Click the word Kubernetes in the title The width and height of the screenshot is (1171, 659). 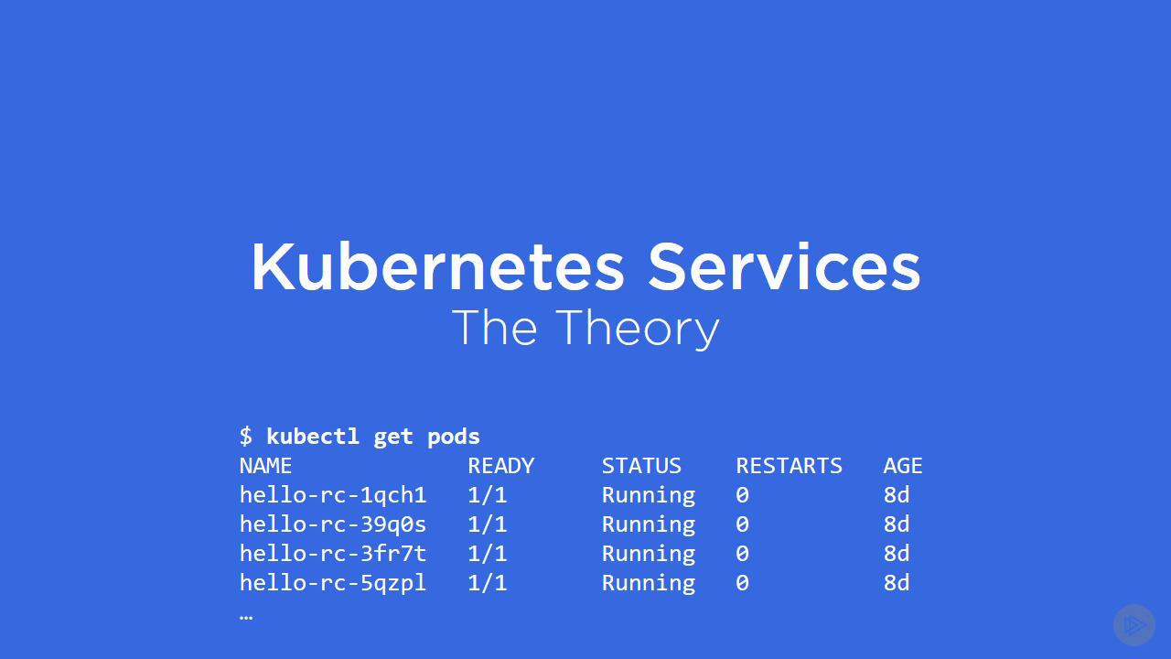(x=438, y=266)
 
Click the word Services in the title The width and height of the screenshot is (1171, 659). (x=784, y=266)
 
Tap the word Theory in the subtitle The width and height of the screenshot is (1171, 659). (x=638, y=329)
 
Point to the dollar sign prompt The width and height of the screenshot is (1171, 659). (x=246, y=436)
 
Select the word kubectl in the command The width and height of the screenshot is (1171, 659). (x=313, y=436)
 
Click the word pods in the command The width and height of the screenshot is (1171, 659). (x=453, y=437)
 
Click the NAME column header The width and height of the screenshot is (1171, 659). (x=265, y=466)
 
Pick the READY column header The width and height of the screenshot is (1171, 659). (x=500, y=466)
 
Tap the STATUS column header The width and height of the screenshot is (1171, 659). (x=641, y=466)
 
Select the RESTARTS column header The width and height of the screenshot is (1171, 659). (x=789, y=466)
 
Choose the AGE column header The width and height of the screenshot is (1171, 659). (x=903, y=466)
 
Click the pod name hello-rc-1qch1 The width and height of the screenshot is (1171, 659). (x=333, y=495)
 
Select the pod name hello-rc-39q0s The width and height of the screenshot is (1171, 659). (x=333, y=524)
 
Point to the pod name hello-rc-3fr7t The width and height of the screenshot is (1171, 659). (x=333, y=554)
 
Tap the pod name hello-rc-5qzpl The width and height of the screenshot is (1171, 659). (x=333, y=583)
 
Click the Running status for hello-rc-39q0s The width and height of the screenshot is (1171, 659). (x=649, y=524)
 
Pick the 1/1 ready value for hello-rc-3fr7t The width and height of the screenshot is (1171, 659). (x=488, y=554)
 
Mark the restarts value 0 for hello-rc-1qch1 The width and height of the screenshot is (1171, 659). (x=742, y=495)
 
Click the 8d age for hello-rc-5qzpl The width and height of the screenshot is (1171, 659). (x=896, y=583)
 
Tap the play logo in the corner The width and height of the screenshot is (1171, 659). (x=1133, y=625)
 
